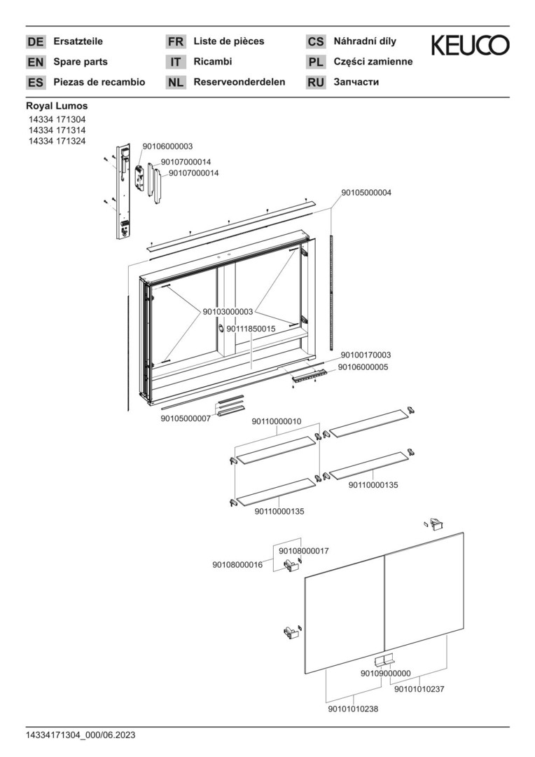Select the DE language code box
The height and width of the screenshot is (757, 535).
pos(36,42)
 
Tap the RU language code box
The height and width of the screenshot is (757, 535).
pos(316,83)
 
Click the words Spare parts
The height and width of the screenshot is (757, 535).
pos(81,62)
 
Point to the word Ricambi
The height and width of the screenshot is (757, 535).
pos(213,62)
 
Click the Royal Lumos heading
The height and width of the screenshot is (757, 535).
pos(57,106)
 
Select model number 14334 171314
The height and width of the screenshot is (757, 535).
pos(57,130)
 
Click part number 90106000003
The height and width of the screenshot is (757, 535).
pos(167,146)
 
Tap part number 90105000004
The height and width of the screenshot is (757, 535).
pos(366,193)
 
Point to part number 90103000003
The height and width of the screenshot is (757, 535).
pos(228,312)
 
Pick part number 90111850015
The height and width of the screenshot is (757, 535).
pos(251,329)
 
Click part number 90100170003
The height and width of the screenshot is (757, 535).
pos(366,355)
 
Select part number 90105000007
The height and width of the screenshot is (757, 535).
pos(186,418)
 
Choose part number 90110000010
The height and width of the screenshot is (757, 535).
pos(277,421)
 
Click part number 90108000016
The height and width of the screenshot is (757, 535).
pos(237,565)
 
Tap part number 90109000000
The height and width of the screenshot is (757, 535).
pos(385,674)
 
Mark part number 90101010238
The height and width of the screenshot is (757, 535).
pos(353,709)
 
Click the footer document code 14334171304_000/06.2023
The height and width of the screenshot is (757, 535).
pos(81,735)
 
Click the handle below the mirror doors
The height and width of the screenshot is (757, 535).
pos(384,660)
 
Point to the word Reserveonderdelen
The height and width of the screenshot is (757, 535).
pos(239,82)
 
